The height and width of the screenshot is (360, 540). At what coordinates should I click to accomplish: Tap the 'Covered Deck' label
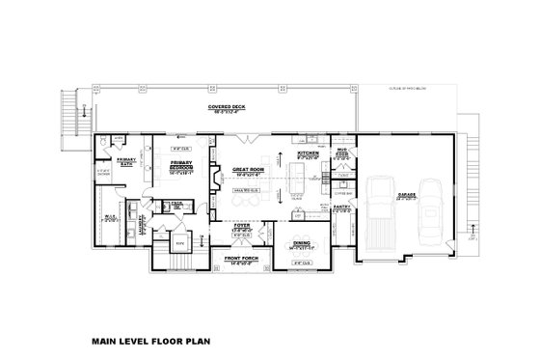point(225,108)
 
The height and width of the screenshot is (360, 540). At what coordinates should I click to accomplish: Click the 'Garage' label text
point(406,194)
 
